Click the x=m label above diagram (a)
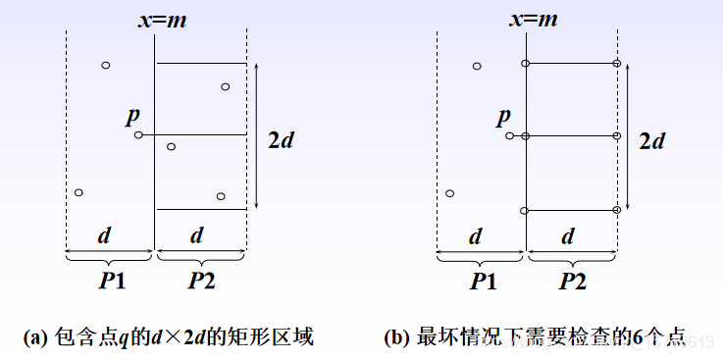[156, 19]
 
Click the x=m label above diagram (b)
[528, 19]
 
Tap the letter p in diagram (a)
[132, 116]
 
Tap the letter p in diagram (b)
[503, 117]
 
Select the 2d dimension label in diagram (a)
[281, 140]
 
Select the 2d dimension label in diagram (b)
[651, 141]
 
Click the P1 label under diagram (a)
[111, 280]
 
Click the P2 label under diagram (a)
[202, 280]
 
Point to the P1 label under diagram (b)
[482, 281]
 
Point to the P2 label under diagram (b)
[573, 281]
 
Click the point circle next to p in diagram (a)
[138, 134]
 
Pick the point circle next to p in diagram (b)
[509, 135]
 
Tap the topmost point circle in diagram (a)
[106, 66]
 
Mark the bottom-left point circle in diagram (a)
[78, 191]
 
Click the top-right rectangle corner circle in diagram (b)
[617, 64]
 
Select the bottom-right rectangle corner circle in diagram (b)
[617, 209]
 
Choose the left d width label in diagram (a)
[104, 235]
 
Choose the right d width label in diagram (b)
[568, 236]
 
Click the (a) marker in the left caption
[35, 338]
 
